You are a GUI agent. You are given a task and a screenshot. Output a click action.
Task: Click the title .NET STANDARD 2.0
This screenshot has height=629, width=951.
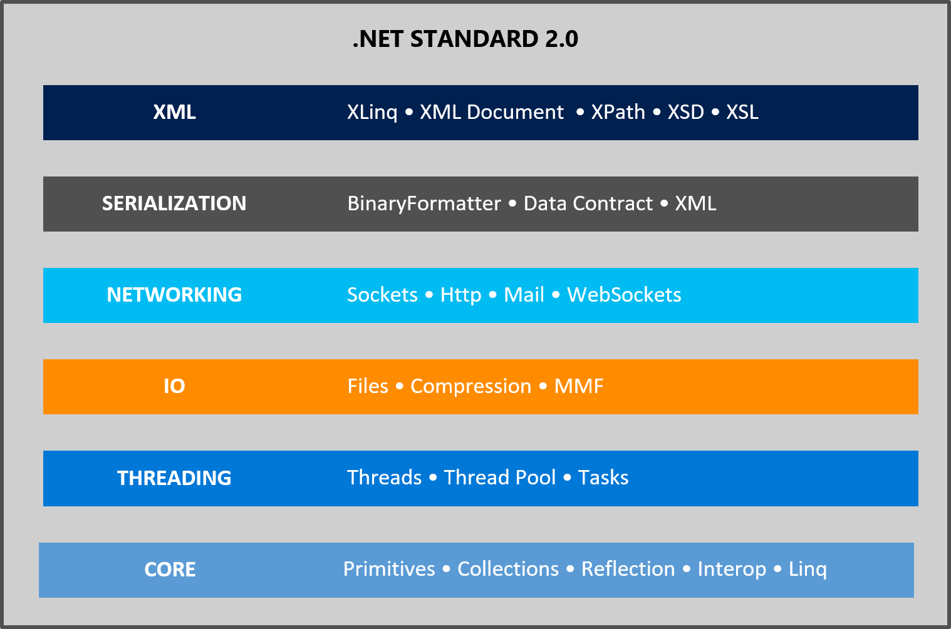465,39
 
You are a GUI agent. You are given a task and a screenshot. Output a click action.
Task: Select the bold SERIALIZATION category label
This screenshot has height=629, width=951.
174,203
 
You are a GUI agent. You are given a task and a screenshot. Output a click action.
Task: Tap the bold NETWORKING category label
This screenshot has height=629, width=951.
174,295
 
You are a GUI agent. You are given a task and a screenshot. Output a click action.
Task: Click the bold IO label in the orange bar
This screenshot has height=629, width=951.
174,386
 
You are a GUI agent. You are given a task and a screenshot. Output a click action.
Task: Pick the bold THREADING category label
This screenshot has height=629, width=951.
174,478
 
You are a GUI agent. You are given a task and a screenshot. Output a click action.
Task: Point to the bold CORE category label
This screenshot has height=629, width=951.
170,570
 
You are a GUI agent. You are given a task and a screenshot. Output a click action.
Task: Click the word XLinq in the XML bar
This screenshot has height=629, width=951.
372,112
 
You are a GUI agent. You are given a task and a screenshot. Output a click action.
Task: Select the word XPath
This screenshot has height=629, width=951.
618,112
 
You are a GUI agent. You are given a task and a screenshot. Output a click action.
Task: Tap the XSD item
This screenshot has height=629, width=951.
685,112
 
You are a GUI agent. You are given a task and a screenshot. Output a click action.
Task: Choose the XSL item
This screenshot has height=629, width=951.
742,112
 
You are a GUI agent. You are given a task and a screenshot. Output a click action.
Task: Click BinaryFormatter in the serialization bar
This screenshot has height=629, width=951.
424,203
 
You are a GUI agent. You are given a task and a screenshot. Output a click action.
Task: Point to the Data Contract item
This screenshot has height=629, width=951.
588,203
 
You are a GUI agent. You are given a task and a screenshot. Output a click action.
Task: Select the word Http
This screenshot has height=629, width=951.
460,295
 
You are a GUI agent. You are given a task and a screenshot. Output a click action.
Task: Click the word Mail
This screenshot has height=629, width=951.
524,295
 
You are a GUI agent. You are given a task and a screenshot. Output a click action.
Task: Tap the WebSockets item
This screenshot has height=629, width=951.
624,295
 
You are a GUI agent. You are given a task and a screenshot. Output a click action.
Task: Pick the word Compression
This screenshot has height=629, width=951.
470,386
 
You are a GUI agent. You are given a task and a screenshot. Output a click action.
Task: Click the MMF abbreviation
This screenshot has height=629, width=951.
579,386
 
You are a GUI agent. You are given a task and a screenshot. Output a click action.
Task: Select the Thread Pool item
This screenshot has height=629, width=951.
499,478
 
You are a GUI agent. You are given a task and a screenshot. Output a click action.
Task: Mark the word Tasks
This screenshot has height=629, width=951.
603,478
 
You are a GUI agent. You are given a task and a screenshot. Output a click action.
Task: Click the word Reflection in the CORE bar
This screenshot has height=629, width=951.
628,569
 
